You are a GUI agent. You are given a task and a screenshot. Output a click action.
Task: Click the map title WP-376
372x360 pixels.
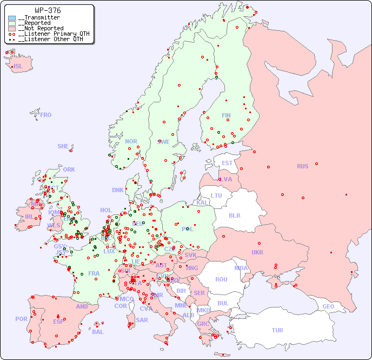[x=48, y=10]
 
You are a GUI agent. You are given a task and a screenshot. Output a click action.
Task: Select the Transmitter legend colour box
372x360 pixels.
[x=12, y=18]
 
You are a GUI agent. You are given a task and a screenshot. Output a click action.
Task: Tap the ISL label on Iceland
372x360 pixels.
[x=18, y=67]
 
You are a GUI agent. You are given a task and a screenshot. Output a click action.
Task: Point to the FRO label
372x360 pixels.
[x=46, y=115]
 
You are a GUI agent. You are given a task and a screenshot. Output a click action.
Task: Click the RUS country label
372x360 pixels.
[x=302, y=166]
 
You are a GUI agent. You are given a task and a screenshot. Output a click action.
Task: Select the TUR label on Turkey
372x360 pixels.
[x=277, y=330]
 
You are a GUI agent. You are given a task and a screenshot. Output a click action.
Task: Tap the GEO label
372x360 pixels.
[x=328, y=306]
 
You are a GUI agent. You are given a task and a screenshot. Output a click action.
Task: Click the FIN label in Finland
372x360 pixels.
[x=226, y=115]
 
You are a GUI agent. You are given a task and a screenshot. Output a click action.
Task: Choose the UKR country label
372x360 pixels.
[x=257, y=252]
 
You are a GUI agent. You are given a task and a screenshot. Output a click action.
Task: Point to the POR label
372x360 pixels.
[x=21, y=319]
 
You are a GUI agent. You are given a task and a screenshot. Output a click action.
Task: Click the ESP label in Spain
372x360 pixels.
[x=58, y=321]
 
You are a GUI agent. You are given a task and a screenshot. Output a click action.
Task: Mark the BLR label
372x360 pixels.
[x=234, y=215]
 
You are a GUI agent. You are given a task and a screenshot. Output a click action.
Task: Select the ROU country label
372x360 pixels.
[x=221, y=279]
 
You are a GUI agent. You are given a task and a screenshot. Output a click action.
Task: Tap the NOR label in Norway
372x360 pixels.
[x=131, y=141]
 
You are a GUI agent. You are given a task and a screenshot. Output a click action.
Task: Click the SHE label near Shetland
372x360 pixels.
[x=63, y=146]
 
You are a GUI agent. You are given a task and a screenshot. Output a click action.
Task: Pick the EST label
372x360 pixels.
[x=227, y=163]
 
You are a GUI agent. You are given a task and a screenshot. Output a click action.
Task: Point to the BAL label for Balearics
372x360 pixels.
[x=98, y=332]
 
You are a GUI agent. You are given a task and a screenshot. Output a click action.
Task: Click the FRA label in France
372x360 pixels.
[x=94, y=273]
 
